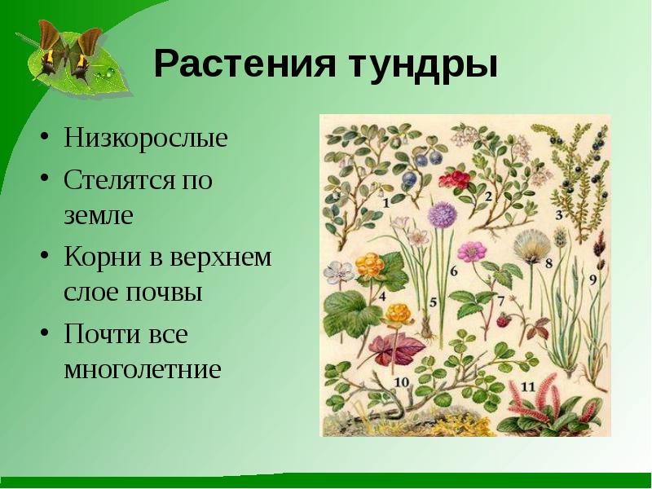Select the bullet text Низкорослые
[146, 137]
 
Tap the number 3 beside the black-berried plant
[560, 215]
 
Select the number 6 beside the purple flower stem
[454, 271]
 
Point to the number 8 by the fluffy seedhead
[548, 262]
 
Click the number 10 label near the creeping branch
[400, 381]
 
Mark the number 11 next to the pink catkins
[529, 386]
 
